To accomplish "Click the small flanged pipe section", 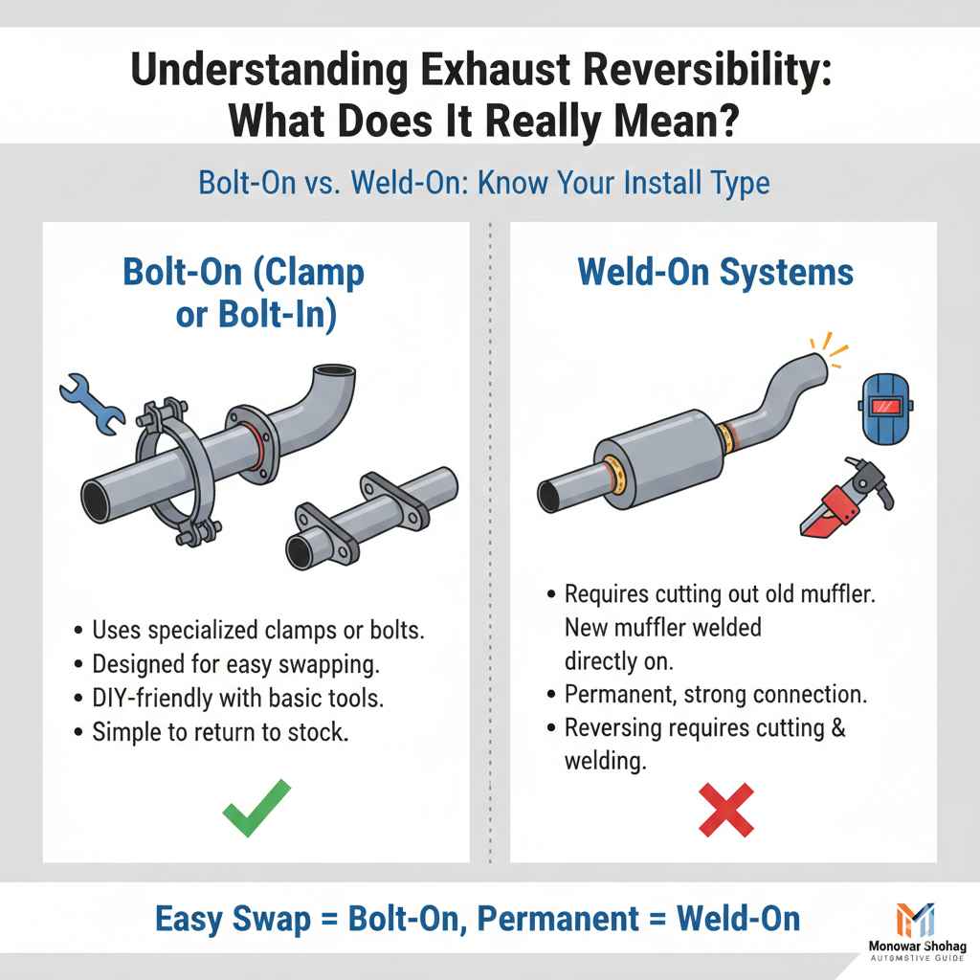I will click(x=383, y=517).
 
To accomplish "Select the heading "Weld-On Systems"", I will click(x=715, y=272).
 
